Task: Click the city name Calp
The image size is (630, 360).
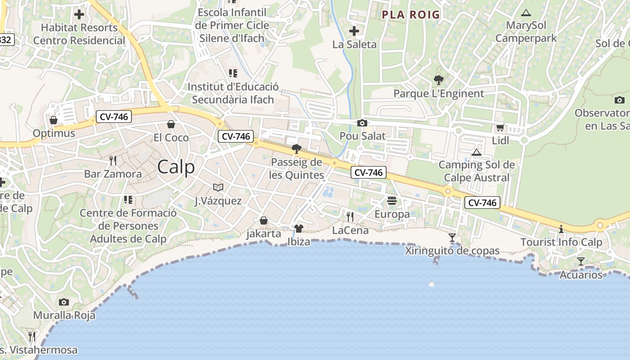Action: [x=176, y=167]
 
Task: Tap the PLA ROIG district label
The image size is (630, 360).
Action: [x=410, y=14]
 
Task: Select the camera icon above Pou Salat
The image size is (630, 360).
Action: [x=362, y=123]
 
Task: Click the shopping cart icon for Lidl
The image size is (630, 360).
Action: [x=500, y=128]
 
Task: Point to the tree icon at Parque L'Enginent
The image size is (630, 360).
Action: [x=438, y=81]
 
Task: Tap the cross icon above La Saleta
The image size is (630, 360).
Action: [x=354, y=31]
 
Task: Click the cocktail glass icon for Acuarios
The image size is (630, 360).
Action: [x=581, y=261]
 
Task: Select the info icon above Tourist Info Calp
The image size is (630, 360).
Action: [x=561, y=229]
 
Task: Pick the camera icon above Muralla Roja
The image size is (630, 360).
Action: [x=64, y=302]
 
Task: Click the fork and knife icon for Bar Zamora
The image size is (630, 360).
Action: [x=113, y=160]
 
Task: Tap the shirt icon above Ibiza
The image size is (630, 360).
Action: [x=298, y=229]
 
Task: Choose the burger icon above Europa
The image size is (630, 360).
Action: [x=391, y=201]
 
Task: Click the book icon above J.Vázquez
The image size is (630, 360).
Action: [x=218, y=187]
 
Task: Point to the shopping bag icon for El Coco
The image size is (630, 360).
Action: [x=171, y=124]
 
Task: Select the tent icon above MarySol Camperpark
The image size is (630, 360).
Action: [x=525, y=13]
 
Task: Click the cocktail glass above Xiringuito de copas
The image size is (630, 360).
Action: [x=452, y=237]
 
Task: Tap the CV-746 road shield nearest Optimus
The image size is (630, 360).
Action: [x=114, y=117]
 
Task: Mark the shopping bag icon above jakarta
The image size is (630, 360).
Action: [x=264, y=220]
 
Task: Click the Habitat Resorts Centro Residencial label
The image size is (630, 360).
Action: [x=79, y=34]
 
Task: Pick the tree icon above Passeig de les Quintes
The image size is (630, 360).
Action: [x=296, y=149]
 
